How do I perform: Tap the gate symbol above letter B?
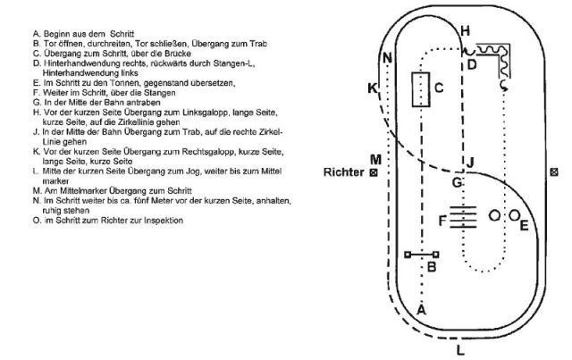[422, 255]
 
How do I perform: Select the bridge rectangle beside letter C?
[418, 90]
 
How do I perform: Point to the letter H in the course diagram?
[464, 30]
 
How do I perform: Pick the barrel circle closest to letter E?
[514, 215]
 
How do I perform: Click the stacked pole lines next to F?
[461, 217]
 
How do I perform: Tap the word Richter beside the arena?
[346, 172]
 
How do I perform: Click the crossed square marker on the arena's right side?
[555, 172]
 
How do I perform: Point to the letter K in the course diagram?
[372, 88]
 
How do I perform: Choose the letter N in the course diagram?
[386, 59]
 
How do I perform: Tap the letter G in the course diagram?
[457, 182]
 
